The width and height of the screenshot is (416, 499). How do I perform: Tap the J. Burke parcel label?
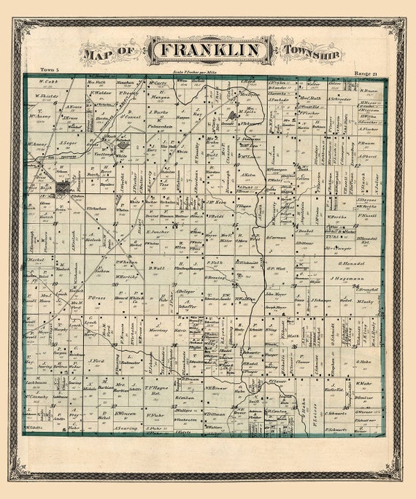coord(158,112)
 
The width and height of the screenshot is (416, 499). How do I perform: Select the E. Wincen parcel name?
coord(124,414)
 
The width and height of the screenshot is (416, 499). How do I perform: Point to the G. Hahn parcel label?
coord(364,361)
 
